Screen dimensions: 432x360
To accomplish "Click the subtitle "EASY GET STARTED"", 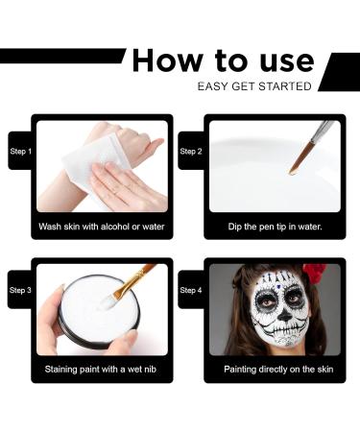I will (x=254, y=86).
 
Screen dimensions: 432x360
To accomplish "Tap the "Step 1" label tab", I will (x=20, y=152).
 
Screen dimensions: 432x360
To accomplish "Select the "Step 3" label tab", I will (x=20, y=290).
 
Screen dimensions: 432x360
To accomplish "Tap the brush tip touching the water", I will (x=293, y=170).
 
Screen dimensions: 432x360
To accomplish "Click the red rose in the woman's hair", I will (x=314, y=274).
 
